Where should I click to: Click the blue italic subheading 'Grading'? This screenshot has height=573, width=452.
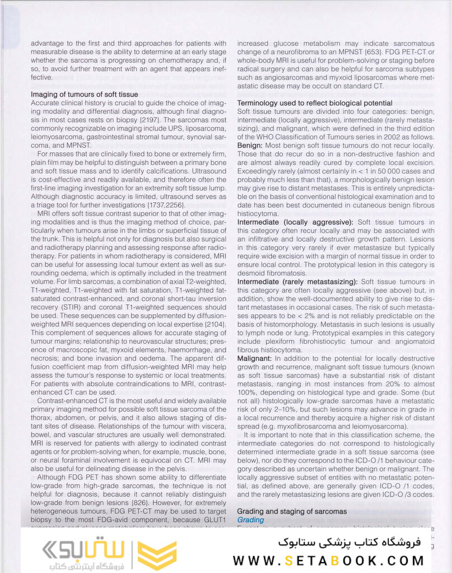[x=250, y=520]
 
